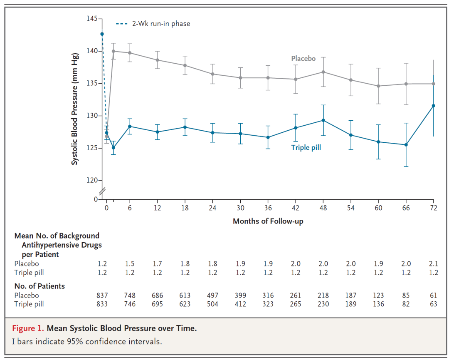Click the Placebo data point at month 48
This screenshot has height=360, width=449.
[x=323, y=72]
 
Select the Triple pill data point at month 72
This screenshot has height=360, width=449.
[x=433, y=106]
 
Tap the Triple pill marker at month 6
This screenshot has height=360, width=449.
[x=130, y=126]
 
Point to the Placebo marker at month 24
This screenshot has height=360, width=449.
[x=212, y=74]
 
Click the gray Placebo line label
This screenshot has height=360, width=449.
[x=303, y=59]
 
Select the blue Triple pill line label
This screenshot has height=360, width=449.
[x=306, y=147]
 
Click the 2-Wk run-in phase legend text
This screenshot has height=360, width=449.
[x=161, y=24]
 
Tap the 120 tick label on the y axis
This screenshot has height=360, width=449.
[x=92, y=180]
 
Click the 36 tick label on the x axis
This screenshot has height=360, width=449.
[x=268, y=208]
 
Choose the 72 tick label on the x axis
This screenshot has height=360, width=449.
[x=433, y=208]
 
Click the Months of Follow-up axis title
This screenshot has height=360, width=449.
[x=268, y=221]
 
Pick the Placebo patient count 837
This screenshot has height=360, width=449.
[x=102, y=295]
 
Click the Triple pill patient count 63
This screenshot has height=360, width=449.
[x=433, y=304]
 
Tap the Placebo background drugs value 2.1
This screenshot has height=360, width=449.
[x=433, y=264]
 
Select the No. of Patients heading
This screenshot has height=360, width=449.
[x=39, y=286]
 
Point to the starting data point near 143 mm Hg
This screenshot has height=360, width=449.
[x=102, y=34]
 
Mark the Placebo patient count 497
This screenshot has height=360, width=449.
[x=212, y=295]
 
